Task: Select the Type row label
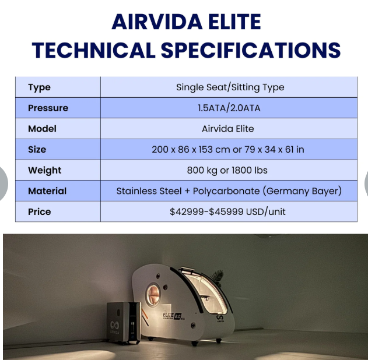click(x=39, y=87)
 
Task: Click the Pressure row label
click(x=48, y=108)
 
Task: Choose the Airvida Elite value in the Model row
click(x=228, y=129)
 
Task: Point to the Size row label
click(x=37, y=149)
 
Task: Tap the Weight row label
click(x=44, y=170)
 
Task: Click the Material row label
click(x=47, y=190)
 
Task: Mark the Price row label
click(x=39, y=211)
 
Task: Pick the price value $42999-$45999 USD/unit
click(x=228, y=211)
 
